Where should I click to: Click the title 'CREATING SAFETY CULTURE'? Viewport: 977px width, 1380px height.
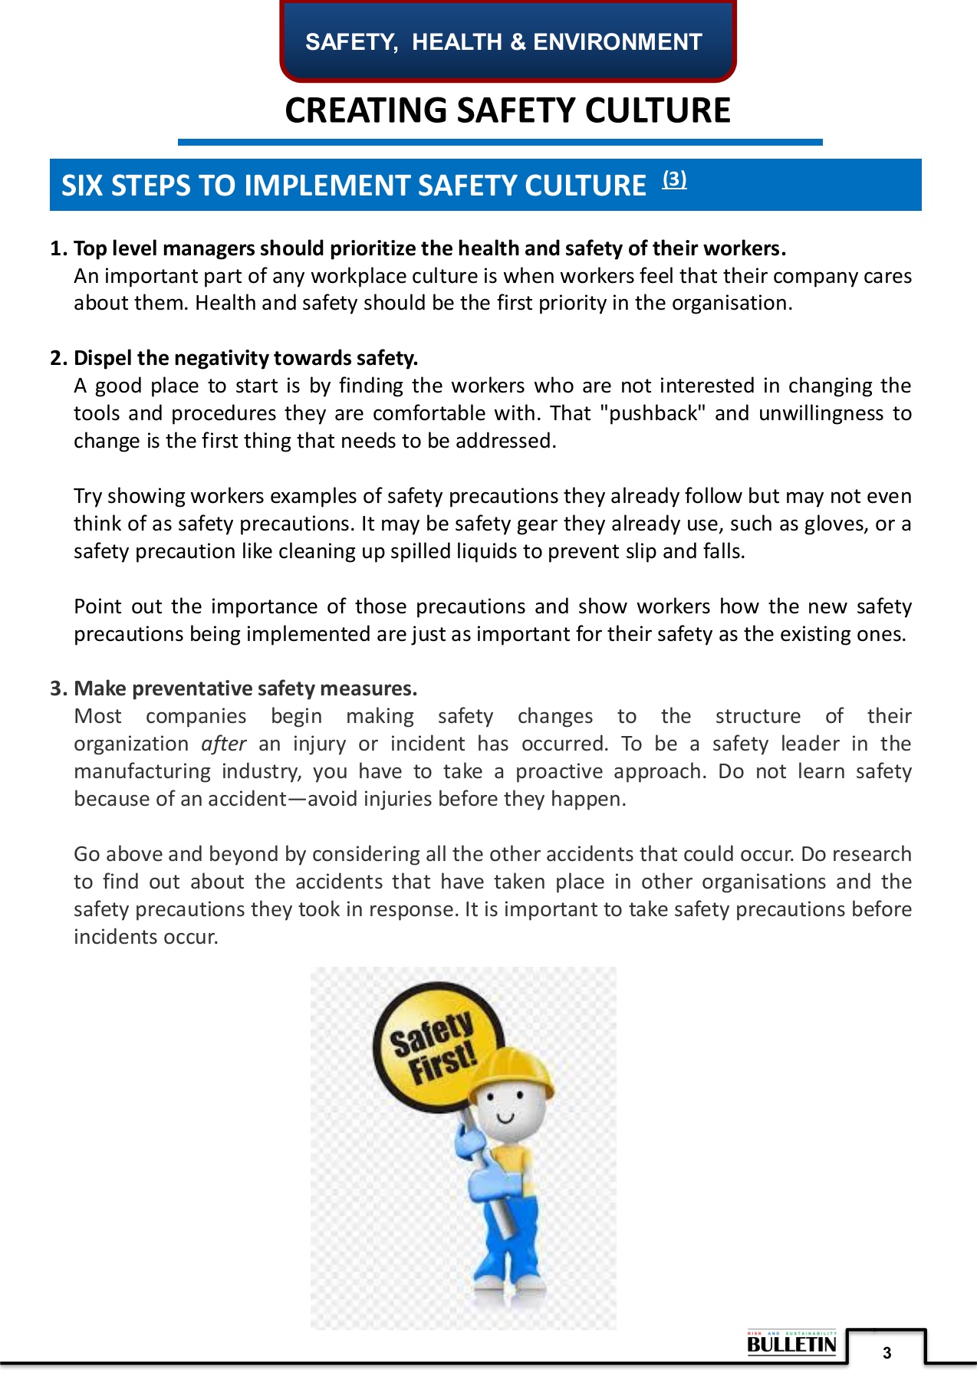507,110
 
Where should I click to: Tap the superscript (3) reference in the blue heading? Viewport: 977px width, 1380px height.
674,179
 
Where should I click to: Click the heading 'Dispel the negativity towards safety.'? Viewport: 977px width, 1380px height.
245,358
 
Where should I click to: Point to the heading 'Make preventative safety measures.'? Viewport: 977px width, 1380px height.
245,688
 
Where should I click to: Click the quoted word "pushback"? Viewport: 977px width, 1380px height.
653,413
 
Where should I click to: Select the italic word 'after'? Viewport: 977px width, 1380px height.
224,744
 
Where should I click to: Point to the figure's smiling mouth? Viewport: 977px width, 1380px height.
505,1118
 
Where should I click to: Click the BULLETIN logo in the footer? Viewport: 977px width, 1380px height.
791,1344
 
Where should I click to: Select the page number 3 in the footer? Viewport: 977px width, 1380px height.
887,1353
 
